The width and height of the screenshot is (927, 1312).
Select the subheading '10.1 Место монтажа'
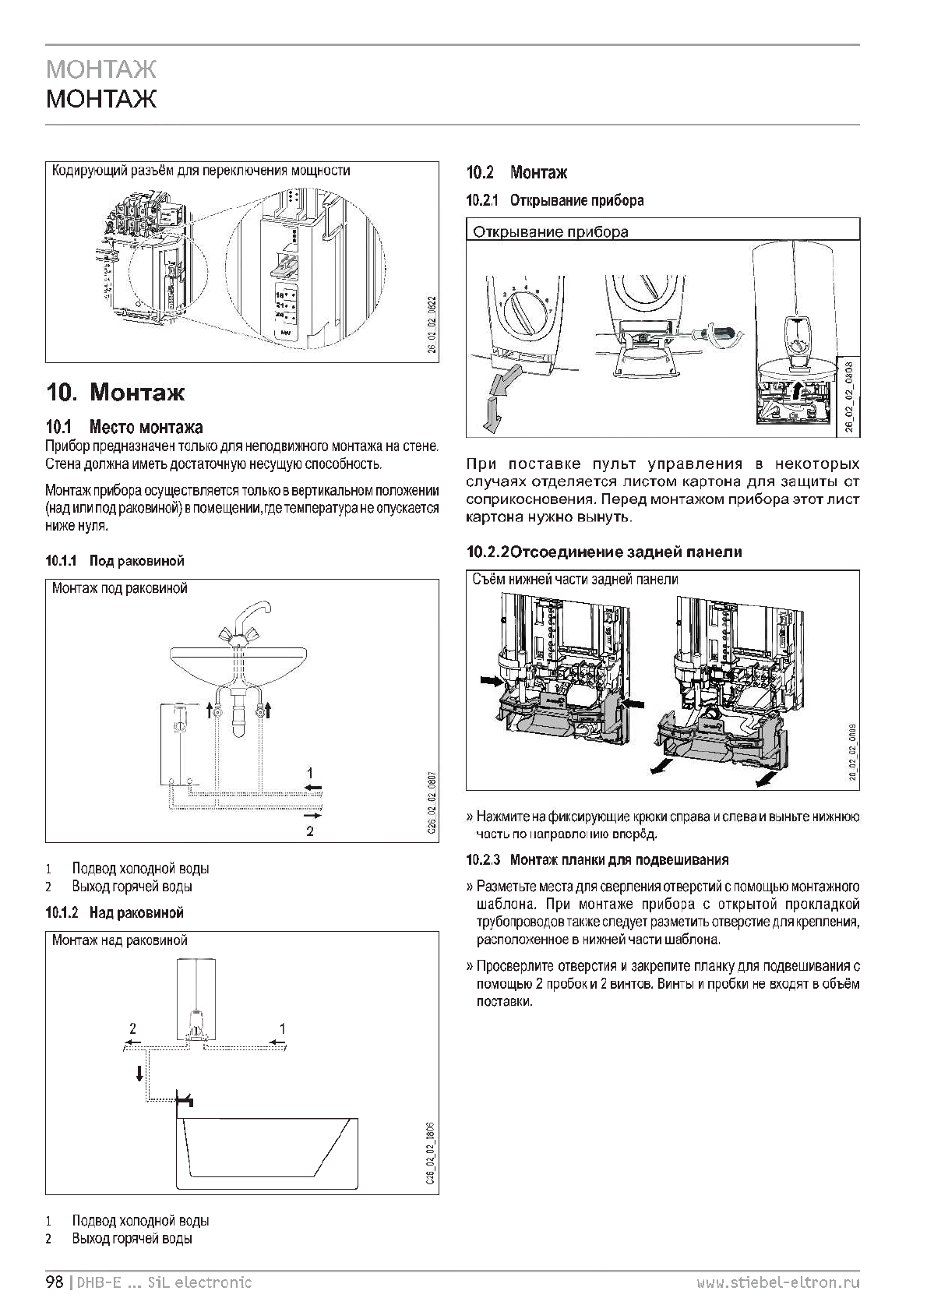[125, 426]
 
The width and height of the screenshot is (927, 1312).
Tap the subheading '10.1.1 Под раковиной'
[115, 560]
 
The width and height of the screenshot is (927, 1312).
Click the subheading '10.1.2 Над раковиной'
[115, 912]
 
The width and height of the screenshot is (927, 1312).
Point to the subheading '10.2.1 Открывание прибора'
[555, 200]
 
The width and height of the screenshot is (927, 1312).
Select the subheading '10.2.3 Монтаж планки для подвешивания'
[597, 860]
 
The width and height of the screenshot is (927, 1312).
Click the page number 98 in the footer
[54, 1282]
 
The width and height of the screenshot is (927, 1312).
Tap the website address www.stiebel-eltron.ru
[778, 1282]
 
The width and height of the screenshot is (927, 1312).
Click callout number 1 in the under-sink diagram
[310, 774]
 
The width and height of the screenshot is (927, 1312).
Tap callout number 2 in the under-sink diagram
[310, 831]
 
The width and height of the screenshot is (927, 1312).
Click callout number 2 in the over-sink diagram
[133, 1028]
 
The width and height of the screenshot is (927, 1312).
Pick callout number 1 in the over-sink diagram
[283, 1028]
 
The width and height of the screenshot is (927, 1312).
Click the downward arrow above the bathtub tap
[139, 1073]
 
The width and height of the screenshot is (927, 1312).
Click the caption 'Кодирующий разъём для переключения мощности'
[200, 171]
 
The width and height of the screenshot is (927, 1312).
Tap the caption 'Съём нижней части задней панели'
[575, 580]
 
